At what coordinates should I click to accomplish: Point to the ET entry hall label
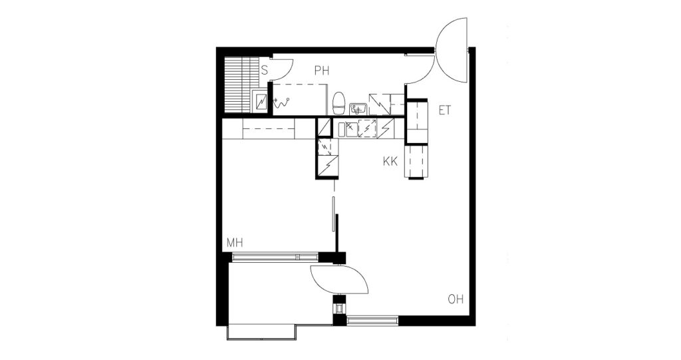(444, 110)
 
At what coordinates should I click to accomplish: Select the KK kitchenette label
(390, 161)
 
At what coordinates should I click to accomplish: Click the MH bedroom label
(234, 243)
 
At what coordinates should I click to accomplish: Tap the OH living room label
(456, 299)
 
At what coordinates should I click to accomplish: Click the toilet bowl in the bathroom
(339, 104)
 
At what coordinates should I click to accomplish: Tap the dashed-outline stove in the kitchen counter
(367, 128)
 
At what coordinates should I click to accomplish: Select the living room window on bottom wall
(372, 321)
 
